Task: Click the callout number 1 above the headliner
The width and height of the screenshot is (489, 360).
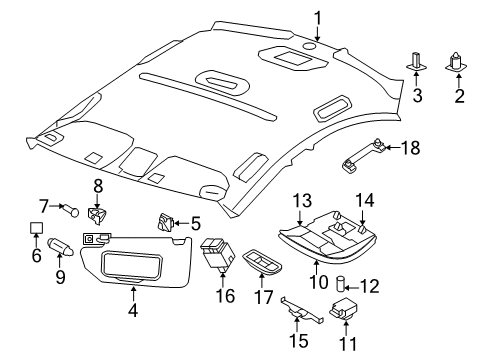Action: pyautogui.click(x=317, y=17)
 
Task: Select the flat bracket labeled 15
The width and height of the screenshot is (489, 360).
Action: pyautogui.click(x=300, y=311)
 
